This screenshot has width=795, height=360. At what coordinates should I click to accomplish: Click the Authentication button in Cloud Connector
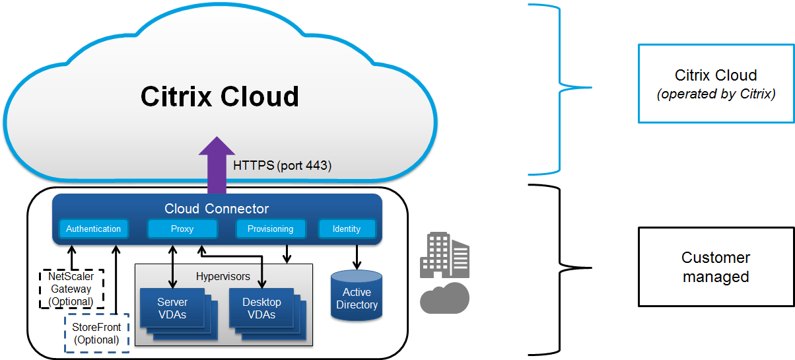click(x=93, y=229)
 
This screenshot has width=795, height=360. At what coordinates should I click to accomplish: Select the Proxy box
click(x=182, y=229)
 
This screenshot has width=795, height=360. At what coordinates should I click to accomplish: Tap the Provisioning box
click(x=270, y=229)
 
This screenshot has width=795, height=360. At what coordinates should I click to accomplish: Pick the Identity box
click(x=347, y=229)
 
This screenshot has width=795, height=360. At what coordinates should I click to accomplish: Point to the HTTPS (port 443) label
click(x=282, y=166)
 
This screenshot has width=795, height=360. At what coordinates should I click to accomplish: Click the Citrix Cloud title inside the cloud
click(x=220, y=96)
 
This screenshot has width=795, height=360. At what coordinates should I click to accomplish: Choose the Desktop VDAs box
click(x=261, y=308)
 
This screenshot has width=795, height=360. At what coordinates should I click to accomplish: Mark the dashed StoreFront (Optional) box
click(x=96, y=334)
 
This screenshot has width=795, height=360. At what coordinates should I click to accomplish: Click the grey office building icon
click(x=444, y=254)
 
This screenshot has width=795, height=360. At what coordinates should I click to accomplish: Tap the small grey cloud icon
click(x=444, y=297)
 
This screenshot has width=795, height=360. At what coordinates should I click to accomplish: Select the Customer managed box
click(x=716, y=267)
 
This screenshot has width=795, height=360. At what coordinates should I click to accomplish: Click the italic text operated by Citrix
click(x=716, y=94)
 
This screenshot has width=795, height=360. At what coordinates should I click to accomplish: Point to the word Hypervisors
click(x=223, y=275)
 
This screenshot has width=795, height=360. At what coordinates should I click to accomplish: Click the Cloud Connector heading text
click(x=217, y=209)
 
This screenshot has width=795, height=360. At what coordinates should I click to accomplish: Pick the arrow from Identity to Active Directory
click(x=357, y=256)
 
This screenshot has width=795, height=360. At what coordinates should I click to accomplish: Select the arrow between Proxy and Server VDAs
click(x=173, y=266)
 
